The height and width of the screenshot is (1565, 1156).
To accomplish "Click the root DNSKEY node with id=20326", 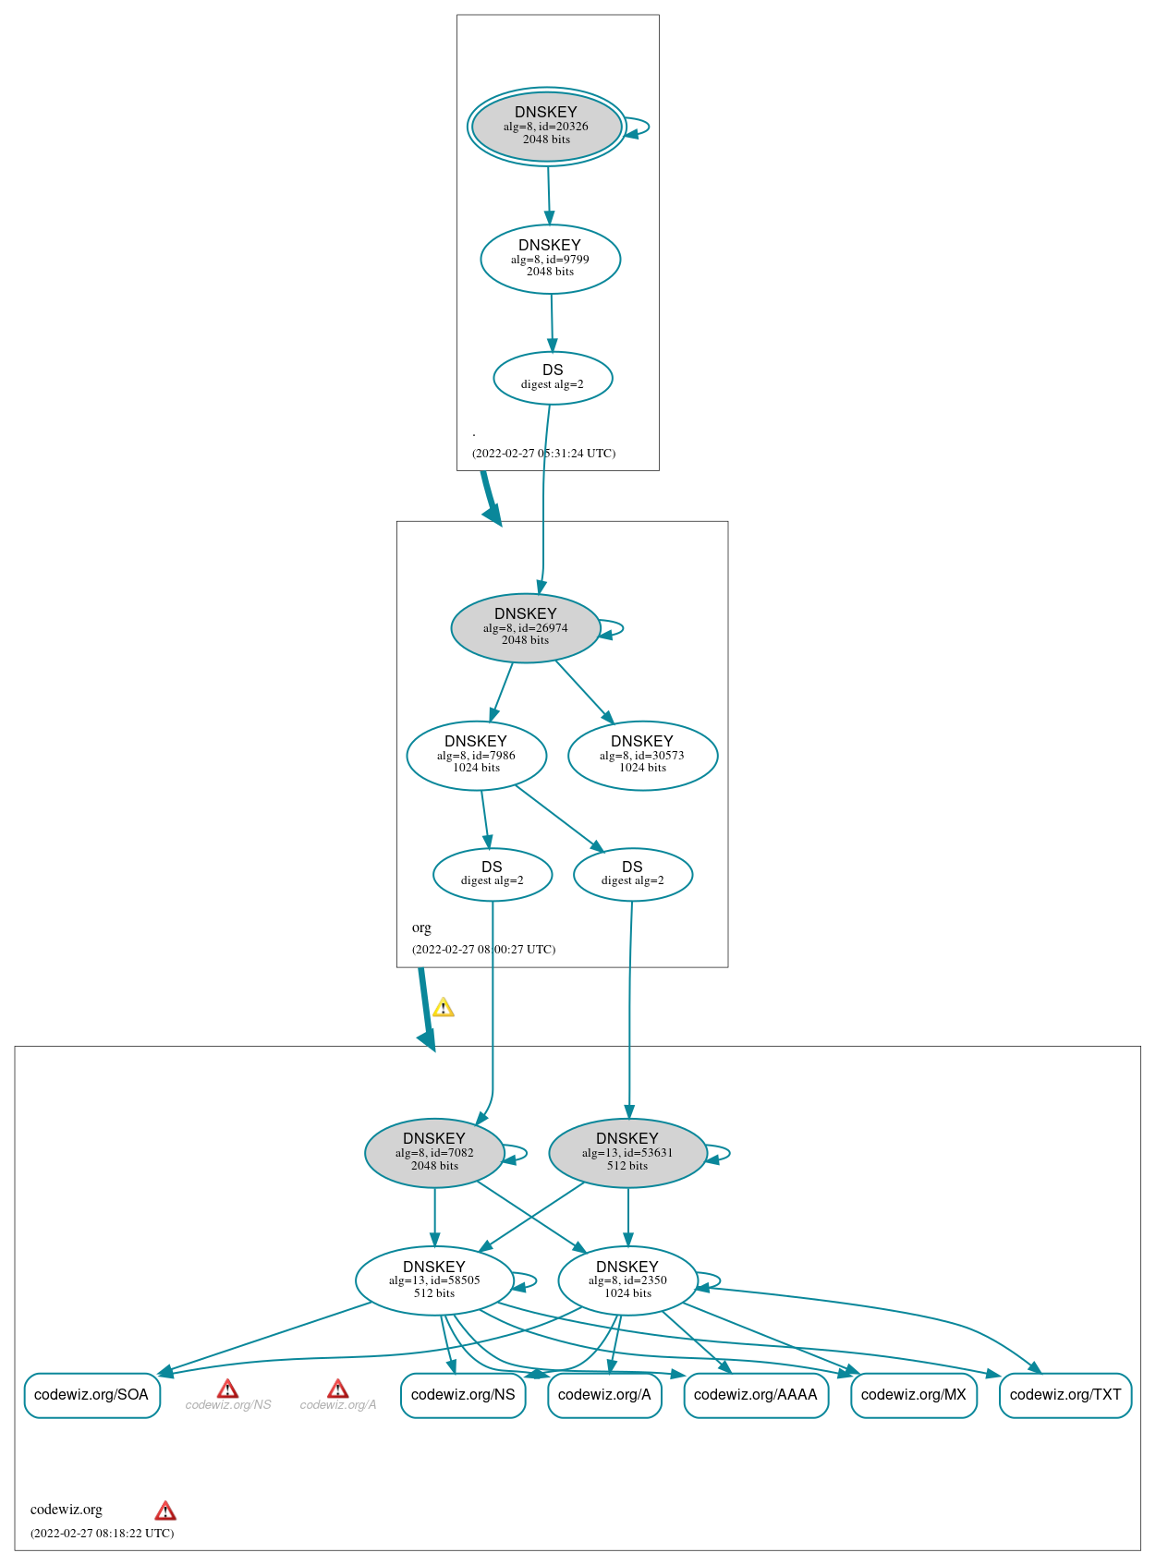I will tap(546, 127).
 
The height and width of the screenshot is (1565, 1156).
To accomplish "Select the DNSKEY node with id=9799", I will tap(550, 259).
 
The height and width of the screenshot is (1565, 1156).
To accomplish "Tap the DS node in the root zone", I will tap(553, 377).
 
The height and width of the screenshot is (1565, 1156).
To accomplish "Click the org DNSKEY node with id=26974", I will tap(525, 627).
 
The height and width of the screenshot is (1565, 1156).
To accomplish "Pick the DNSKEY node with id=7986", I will tap(476, 755).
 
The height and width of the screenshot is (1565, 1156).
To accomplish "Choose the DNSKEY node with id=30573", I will tap(642, 755).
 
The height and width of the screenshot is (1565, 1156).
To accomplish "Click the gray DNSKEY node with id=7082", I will tap(434, 1152).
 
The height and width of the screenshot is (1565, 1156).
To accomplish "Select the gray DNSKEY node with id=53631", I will tap(627, 1152).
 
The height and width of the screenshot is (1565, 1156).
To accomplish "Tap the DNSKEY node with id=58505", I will tap(434, 1280).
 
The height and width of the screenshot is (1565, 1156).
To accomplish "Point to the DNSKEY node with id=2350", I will tap(627, 1280).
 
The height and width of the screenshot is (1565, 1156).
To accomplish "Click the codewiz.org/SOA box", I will tap(91, 1394).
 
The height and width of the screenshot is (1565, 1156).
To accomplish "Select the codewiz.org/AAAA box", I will tap(755, 1394).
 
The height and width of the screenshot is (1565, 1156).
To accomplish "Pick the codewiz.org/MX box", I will tap(913, 1394).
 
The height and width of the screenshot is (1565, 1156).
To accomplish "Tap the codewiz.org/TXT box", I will tap(1065, 1394).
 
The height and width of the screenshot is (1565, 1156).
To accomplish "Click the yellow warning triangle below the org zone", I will tap(444, 1008).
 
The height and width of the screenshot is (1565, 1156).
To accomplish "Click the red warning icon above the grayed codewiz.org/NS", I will tap(227, 1389).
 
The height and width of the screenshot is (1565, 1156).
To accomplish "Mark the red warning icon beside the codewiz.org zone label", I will tap(165, 1510).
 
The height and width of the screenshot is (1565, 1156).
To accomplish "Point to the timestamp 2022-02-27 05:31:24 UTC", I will tap(543, 453).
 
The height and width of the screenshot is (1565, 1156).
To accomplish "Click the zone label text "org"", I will tap(421, 927).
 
